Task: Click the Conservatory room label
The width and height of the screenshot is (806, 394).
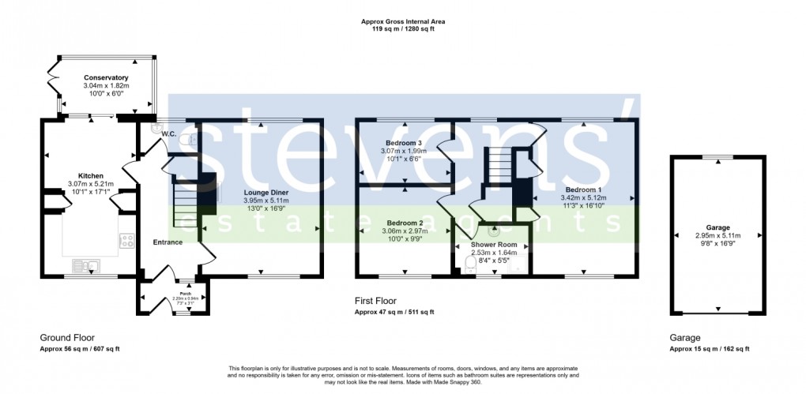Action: point(106,77)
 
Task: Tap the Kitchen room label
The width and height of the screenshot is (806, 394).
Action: point(91,175)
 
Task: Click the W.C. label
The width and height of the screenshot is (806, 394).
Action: point(168,134)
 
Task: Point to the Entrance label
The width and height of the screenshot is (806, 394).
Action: point(168,242)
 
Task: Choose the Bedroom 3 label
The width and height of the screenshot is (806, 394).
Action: point(404,141)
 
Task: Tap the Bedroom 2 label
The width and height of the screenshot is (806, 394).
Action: point(404,223)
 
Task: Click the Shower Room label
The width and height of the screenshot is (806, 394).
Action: point(494,245)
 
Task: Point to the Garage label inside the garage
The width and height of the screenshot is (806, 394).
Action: point(717,227)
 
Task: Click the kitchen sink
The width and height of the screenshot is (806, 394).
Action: point(83,265)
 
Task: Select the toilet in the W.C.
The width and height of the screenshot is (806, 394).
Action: point(186,140)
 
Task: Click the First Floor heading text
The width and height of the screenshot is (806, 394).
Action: point(376,301)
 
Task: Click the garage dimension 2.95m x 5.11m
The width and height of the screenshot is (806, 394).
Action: point(717,235)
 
